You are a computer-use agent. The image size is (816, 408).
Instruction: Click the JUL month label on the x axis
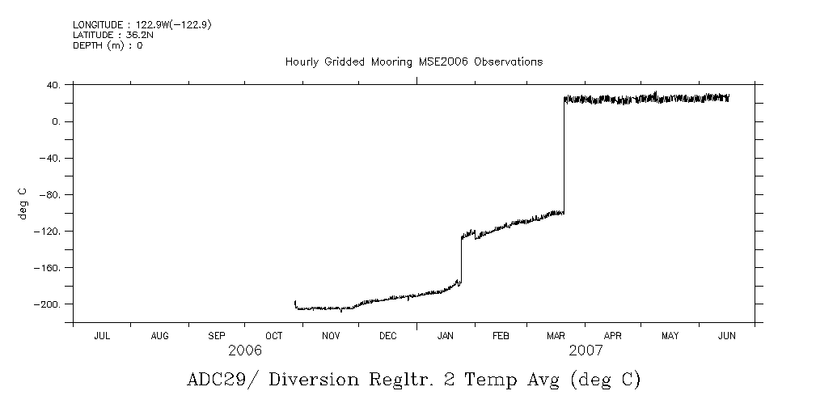(x=102, y=336)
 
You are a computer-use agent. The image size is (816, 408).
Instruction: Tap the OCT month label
(x=273, y=336)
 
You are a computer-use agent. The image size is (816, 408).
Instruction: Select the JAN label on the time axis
(x=446, y=336)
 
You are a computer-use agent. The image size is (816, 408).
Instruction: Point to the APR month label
(x=612, y=336)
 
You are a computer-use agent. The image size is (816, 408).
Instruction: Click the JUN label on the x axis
(x=726, y=336)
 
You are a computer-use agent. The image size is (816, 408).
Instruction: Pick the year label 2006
(x=245, y=351)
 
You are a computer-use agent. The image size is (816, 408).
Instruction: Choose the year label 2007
(x=586, y=351)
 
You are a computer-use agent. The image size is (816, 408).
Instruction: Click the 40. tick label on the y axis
(x=54, y=85)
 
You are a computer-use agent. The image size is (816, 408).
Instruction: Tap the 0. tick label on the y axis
(x=57, y=121)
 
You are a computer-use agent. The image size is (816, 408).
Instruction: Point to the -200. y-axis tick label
(x=49, y=304)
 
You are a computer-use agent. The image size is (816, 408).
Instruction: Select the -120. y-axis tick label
(x=49, y=232)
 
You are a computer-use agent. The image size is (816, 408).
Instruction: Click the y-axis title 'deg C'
(x=23, y=202)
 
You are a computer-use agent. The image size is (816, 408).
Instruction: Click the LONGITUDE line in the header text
(x=142, y=25)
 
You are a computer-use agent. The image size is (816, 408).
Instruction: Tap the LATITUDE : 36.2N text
(x=112, y=35)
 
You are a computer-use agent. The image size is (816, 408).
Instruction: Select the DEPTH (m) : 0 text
(x=108, y=45)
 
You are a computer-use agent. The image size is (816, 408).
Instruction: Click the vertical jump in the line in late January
(x=461, y=259)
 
